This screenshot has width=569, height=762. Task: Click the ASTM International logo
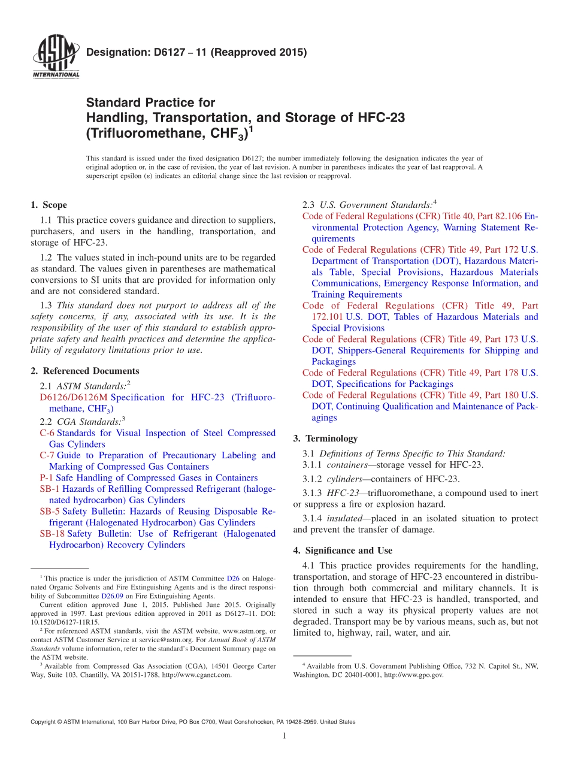click(x=55, y=57)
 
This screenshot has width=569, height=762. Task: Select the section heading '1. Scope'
click(x=49, y=205)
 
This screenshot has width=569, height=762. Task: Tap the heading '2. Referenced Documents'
click(x=84, y=371)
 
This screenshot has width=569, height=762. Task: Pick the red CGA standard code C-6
click(x=47, y=433)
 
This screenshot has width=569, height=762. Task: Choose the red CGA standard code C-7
click(x=47, y=455)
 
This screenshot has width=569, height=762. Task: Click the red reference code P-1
click(x=47, y=478)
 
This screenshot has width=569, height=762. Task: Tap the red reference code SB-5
click(x=50, y=512)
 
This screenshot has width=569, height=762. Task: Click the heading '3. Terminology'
click(x=325, y=439)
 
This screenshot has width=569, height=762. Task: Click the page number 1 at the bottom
click(x=284, y=736)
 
